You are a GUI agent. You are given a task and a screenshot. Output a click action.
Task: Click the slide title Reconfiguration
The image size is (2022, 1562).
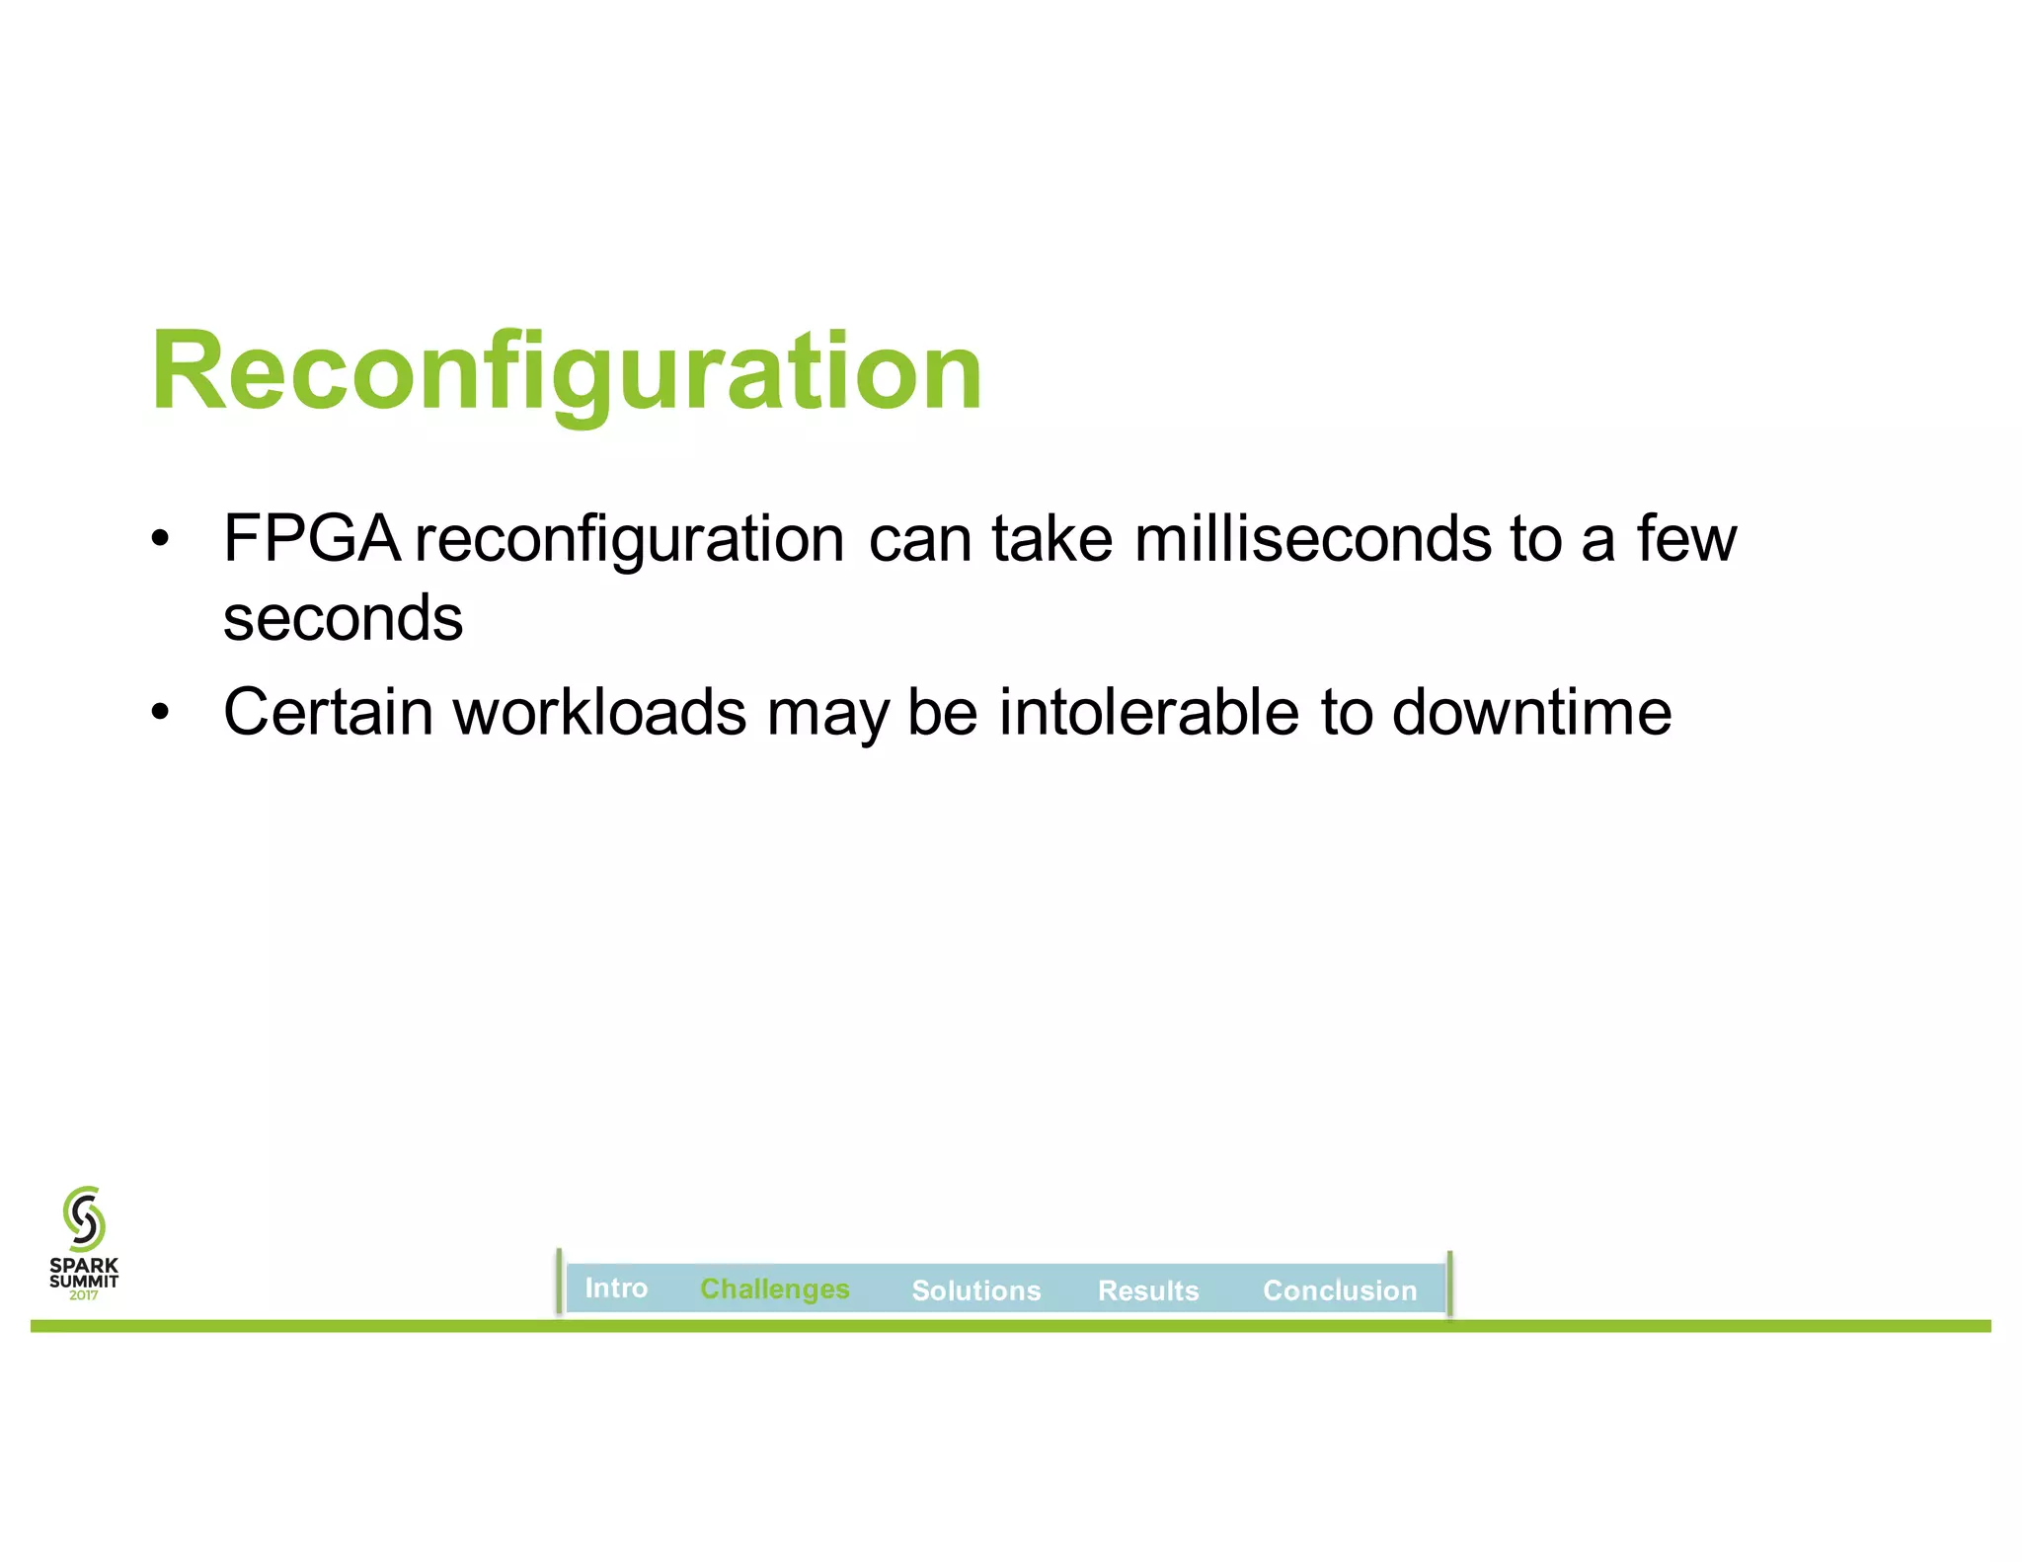point(567,372)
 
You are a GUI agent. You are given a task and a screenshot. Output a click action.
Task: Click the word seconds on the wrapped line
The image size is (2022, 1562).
point(343,619)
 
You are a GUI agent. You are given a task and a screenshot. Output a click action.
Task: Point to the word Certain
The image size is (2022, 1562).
point(328,712)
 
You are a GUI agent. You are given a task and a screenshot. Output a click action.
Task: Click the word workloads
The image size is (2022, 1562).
point(599,712)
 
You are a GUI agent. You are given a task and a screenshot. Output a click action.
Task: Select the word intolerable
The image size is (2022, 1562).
point(1148,712)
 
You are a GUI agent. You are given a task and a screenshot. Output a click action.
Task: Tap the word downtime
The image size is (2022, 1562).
point(1531,712)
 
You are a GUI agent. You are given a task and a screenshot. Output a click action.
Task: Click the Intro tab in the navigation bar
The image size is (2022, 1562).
point(616,1289)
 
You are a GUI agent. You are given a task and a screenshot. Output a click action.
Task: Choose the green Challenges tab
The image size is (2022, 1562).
point(775,1289)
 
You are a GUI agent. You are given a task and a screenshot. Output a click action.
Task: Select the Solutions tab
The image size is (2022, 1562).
point(976,1290)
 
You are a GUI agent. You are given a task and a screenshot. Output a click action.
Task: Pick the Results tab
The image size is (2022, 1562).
point(1148,1290)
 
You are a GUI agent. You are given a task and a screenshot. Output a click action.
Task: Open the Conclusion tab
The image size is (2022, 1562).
point(1340,1290)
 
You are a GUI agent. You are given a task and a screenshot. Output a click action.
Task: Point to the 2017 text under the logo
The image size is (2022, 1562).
point(84,1295)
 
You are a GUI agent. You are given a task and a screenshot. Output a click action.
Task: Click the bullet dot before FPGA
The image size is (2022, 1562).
point(160,540)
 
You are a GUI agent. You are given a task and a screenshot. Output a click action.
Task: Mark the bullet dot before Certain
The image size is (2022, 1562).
point(160,712)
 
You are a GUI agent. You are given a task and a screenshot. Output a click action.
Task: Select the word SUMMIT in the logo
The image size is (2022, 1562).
point(84,1282)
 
